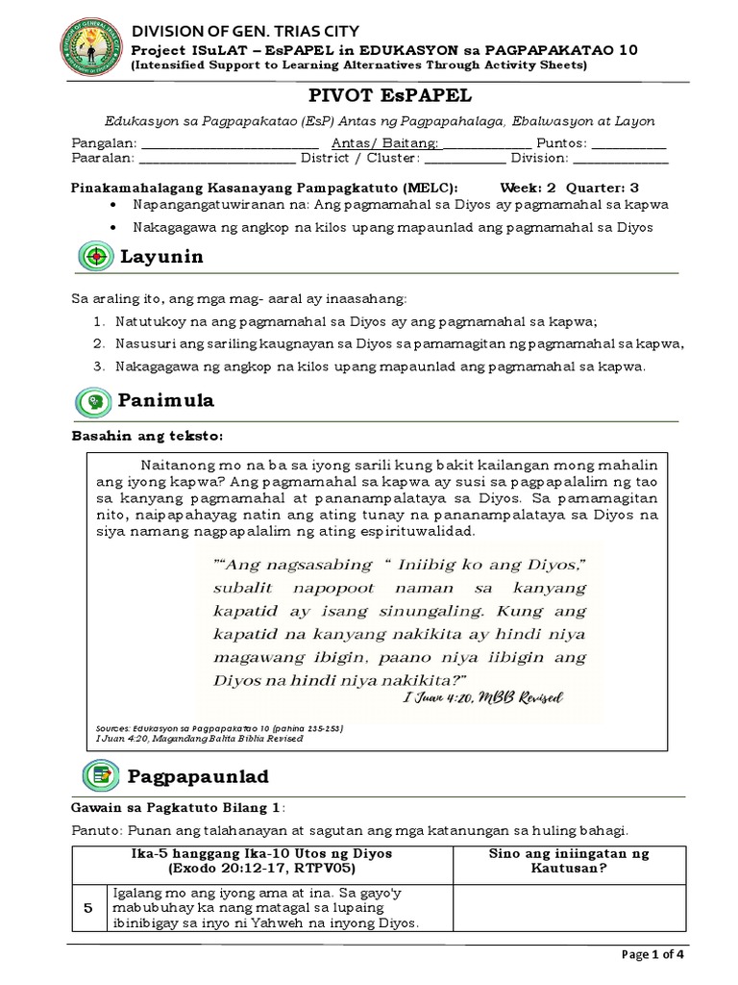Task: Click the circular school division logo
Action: click(x=86, y=48)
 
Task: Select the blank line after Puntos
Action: click(x=628, y=144)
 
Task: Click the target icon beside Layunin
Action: click(x=96, y=258)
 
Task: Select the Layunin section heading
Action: click(x=160, y=258)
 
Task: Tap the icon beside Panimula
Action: click(x=96, y=401)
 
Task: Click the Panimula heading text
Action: click(x=166, y=401)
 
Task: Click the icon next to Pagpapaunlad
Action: click(x=96, y=775)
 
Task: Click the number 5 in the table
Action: click(x=88, y=907)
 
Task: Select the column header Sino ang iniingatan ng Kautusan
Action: click(x=569, y=860)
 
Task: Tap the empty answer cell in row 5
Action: click(x=569, y=907)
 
